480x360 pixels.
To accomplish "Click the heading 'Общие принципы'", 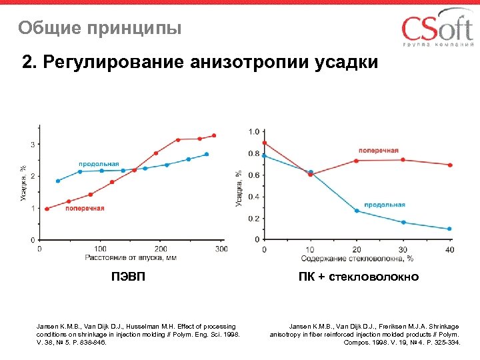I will click(x=100, y=29).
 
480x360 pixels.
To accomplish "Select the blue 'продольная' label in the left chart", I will click(x=99, y=163).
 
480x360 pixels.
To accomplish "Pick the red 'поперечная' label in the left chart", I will click(x=85, y=208).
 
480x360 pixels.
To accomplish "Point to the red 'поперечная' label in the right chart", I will click(x=379, y=151).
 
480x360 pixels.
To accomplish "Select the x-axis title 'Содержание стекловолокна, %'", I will click(x=357, y=258).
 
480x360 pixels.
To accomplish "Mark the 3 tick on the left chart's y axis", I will click(x=33, y=144).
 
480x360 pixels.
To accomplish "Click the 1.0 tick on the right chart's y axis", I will click(x=255, y=131).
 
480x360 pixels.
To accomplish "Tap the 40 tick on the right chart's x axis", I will click(x=449, y=249).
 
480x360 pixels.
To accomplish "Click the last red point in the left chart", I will click(x=214, y=135).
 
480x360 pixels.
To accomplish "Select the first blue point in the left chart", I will click(x=58, y=181).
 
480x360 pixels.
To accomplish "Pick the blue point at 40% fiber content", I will click(x=449, y=229).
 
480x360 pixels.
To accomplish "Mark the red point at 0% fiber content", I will click(x=265, y=143).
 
